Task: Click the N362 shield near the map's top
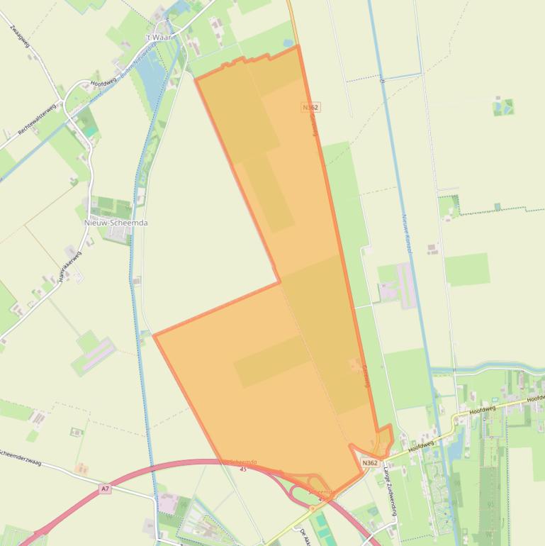coord(310,107)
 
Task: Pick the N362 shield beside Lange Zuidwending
coord(369,463)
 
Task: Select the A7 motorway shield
coord(106,489)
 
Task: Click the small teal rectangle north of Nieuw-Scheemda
coord(89,132)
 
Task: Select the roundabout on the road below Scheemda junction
coord(311,508)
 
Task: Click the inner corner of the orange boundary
coord(279,282)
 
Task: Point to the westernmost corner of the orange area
coord(154,334)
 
